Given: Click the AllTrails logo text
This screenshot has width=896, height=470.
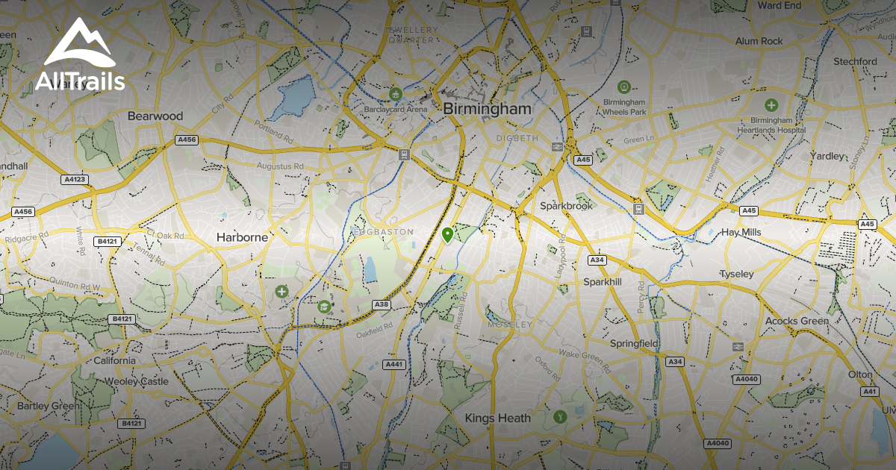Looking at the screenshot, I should pos(80,81).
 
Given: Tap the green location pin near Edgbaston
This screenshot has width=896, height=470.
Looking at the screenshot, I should pos(447,236).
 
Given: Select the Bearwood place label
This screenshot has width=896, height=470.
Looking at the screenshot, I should pos(155,116).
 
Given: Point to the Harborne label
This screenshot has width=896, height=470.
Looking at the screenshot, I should pos(242,237).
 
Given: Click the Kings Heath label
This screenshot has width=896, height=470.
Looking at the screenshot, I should pos(498,418).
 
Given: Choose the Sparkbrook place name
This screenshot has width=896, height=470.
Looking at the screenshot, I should pos(566,205).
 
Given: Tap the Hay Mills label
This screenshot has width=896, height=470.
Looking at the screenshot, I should pos(741,232).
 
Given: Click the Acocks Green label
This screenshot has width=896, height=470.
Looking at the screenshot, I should pos(797,321).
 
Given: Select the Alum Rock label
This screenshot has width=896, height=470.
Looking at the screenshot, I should pos(759,41).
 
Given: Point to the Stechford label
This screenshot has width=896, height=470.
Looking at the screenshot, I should pos(855,61).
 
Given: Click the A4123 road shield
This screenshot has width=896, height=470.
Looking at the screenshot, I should pos(75,179).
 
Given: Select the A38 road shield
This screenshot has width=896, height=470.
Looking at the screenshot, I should pos(381,304).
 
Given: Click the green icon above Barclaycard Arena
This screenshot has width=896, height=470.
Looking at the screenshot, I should pos(395,94).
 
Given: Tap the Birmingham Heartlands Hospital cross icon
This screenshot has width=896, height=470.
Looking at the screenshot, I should pos(771,106).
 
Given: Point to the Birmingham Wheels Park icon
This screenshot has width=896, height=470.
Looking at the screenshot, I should pos(625,88).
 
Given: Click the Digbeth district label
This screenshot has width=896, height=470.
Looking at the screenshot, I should pos(517,139).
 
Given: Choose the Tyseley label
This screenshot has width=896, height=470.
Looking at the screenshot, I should pos(736,275).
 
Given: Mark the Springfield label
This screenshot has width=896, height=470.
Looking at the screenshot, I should pos(634,343).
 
